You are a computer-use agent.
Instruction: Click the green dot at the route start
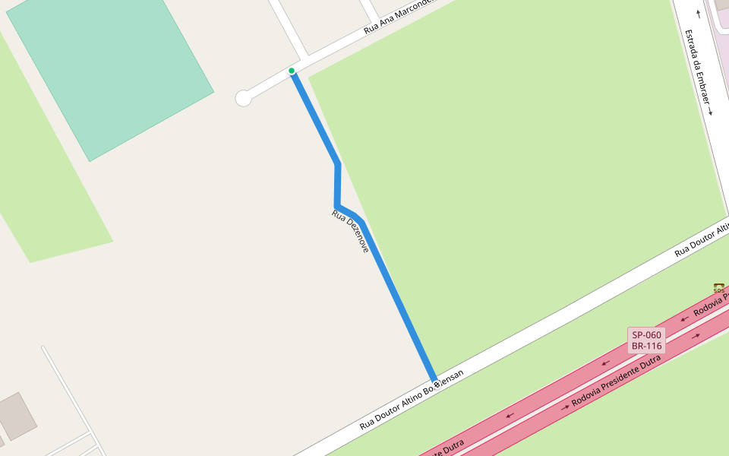click(292, 71)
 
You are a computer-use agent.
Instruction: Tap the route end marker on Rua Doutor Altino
click(436, 384)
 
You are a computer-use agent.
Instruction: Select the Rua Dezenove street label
click(350, 231)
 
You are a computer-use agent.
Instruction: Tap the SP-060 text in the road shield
click(646, 334)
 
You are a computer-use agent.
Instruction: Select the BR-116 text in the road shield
click(646, 347)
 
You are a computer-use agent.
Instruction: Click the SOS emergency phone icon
click(718, 287)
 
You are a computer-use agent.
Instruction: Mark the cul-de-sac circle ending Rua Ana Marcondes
click(244, 98)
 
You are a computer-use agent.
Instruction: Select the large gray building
click(17, 415)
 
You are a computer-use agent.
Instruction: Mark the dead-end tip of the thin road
click(43, 348)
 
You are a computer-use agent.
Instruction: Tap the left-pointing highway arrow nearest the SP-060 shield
click(606, 363)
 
